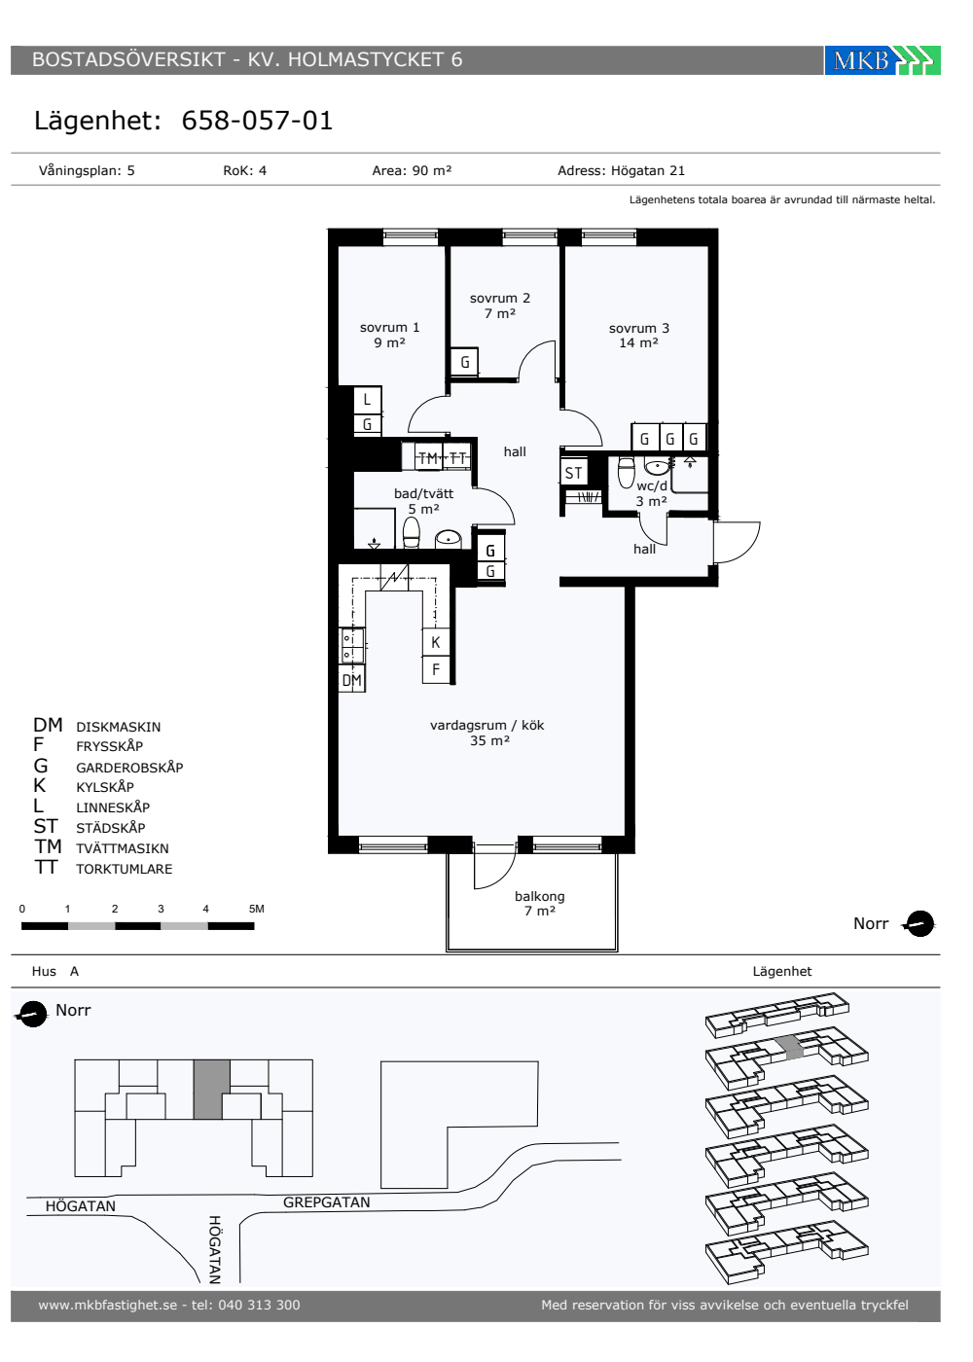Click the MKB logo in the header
[x=882, y=60]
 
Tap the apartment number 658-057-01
[x=257, y=121]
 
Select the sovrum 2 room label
[x=500, y=305]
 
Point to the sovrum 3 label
[x=638, y=336]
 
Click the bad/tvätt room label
[x=424, y=501]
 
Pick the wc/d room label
[x=652, y=494]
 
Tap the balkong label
[x=539, y=903]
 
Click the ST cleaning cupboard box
[x=573, y=473]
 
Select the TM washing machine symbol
[x=428, y=458]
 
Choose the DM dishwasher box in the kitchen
[x=351, y=680]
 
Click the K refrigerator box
[x=436, y=642]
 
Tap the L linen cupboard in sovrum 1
[x=368, y=400]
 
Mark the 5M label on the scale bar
[x=257, y=909]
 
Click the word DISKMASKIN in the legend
[x=119, y=728]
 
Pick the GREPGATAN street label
[x=327, y=1202]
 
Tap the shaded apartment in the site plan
[x=212, y=1090]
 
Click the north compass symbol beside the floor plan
[x=919, y=924]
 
